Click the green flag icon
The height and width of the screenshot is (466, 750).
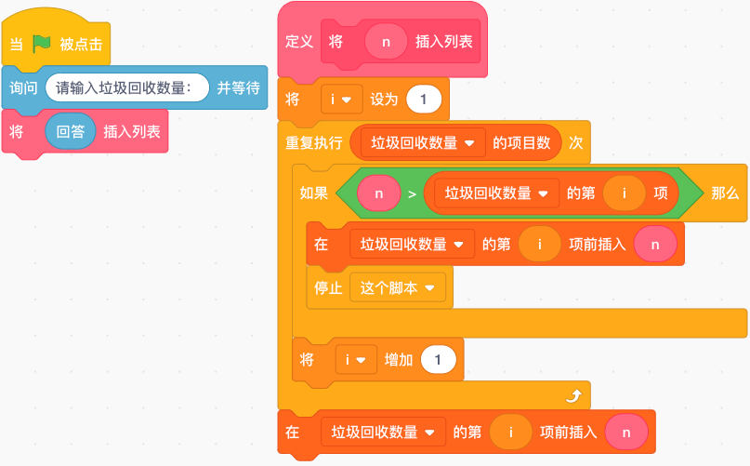tap(42, 44)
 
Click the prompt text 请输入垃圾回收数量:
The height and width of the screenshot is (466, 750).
tap(124, 88)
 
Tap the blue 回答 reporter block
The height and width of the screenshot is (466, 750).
tap(71, 131)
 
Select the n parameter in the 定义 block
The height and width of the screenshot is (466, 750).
tap(386, 42)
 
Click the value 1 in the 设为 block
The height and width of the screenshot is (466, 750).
tap(423, 100)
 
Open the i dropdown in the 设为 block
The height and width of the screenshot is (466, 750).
tap(341, 100)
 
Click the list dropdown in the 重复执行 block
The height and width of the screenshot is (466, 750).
tap(423, 142)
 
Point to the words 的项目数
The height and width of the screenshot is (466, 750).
tap(521, 142)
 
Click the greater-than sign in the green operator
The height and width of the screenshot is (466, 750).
tap(412, 194)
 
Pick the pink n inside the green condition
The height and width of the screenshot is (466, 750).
tap(379, 193)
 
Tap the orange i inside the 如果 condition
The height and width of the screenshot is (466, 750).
tap(624, 193)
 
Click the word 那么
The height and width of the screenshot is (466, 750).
tap(725, 193)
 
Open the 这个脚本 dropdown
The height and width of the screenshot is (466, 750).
tap(398, 287)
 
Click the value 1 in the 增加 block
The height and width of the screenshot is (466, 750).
tap(438, 360)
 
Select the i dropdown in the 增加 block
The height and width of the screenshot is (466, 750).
tap(356, 360)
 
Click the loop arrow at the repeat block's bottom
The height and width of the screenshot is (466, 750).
tap(574, 395)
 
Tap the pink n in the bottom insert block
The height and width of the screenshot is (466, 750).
tap(626, 433)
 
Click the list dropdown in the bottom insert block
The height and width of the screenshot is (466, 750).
tap(383, 433)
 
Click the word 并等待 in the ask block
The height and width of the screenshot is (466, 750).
tap(238, 88)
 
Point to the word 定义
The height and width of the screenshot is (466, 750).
tap(299, 42)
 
